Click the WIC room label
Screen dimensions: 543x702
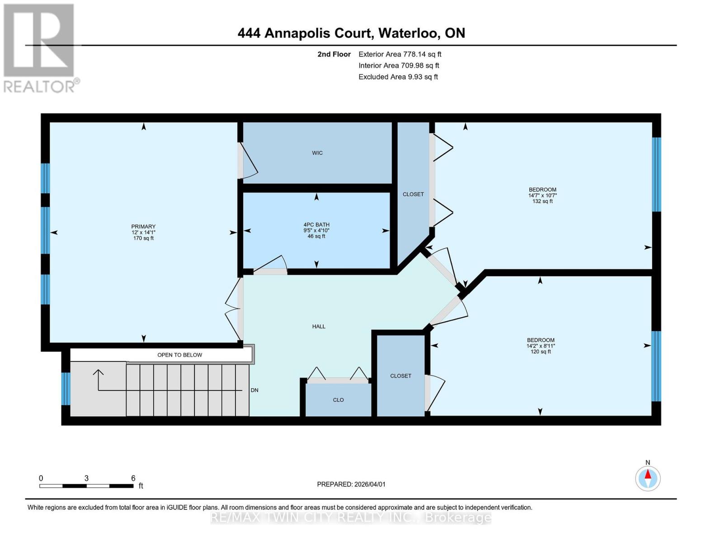click(x=317, y=153)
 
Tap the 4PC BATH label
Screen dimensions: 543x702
click(x=316, y=224)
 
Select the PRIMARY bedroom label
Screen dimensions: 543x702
click(x=143, y=226)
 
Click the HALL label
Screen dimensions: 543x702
click(x=319, y=326)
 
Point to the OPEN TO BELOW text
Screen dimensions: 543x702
click(x=179, y=355)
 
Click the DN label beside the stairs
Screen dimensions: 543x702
click(x=254, y=390)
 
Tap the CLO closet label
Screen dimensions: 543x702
click(x=338, y=400)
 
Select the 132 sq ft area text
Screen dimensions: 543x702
click(x=542, y=201)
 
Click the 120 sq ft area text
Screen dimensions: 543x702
click(x=541, y=352)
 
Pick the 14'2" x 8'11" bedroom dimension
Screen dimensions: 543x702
click(x=541, y=346)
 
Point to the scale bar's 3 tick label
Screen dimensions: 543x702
click(x=86, y=478)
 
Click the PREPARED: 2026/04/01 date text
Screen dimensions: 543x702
click(x=351, y=484)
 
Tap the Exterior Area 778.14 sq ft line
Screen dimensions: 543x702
click(x=400, y=54)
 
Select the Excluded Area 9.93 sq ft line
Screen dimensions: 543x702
click(x=398, y=77)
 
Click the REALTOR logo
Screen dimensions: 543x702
click(x=40, y=48)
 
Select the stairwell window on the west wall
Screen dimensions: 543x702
click(x=66, y=388)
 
